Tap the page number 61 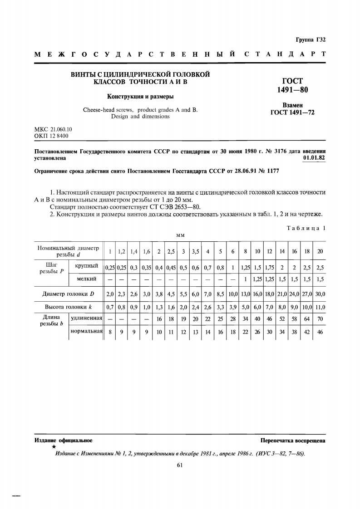click(x=180, y=465)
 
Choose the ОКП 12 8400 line click(x=52, y=136)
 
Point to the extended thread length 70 click(x=320, y=319)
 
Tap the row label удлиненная click(x=86, y=318)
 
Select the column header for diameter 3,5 click(x=196, y=251)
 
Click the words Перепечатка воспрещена click(x=293, y=440)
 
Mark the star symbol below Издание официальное click(x=41, y=447)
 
